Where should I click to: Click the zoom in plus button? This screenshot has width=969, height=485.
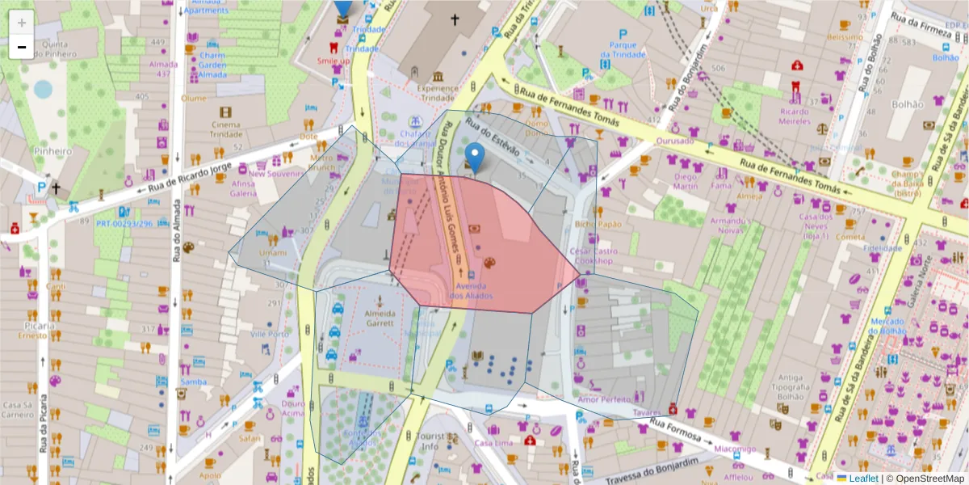coord(22,23)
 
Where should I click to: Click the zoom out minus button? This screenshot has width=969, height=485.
coord(22,47)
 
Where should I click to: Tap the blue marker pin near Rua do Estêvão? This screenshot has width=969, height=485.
coord(476,158)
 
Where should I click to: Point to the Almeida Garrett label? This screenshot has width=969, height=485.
coord(380,318)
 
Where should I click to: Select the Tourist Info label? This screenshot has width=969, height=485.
coord(418,441)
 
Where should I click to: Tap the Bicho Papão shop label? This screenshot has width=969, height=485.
coord(598,224)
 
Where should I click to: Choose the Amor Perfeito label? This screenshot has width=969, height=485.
coord(604,399)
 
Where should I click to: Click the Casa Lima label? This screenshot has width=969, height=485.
coord(493,443)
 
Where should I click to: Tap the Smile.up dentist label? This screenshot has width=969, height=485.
coord(333,61)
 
